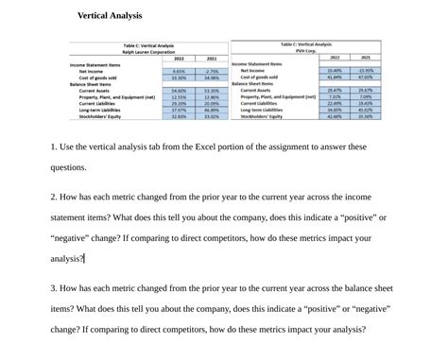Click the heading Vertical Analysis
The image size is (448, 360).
[110, 16]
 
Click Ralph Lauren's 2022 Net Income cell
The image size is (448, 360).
[178, 71]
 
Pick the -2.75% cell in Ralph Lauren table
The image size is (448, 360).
[211, 71]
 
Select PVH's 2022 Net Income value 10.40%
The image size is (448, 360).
[334, 70]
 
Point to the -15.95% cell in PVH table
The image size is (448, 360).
[365, 70]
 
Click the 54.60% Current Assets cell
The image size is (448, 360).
[178, 91]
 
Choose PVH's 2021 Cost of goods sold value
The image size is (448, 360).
[365, 77]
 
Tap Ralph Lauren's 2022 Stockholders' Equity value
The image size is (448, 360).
[178, 116]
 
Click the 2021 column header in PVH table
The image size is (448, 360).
[365, 57]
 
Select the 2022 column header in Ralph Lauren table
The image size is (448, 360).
[178, 59]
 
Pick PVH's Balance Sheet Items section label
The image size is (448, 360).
[257, 83]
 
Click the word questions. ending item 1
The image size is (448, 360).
[69, 167]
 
